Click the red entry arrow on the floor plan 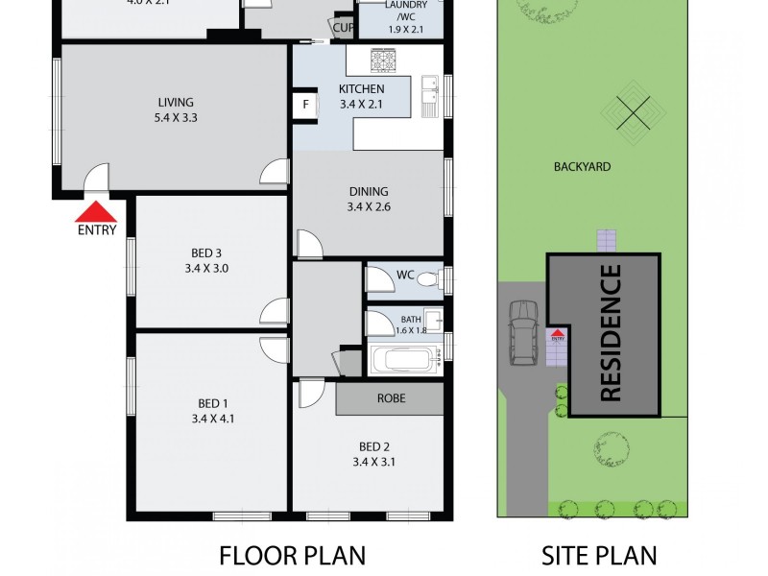tap(96, 211)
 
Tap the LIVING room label tap(176, 103)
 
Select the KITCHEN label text tap(361, 90)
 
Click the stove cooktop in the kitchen tap(392, 60)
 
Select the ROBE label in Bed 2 tap(391, 398)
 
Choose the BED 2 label tap(374, 446)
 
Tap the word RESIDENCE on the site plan tap(611, 332)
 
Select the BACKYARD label tap(582, 167)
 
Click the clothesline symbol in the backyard tap(634, 114)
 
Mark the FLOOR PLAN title tap(293, 555)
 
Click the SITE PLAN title tap(599, 555)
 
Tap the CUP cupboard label tap(344, 28)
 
